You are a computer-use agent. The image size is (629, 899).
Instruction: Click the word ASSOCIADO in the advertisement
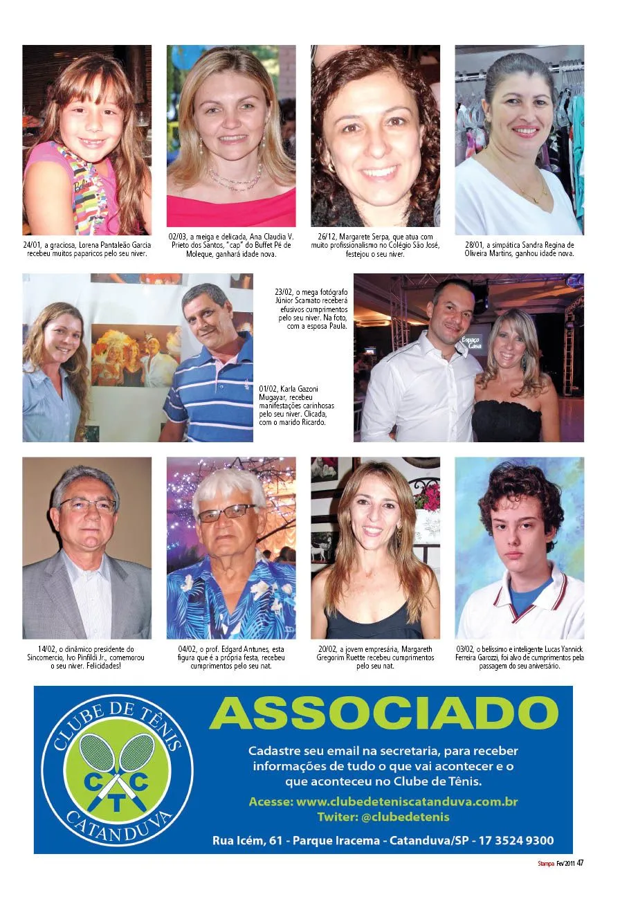383,712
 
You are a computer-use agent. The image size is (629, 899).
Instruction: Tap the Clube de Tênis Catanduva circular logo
117,770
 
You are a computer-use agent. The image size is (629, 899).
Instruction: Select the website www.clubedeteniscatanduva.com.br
407,802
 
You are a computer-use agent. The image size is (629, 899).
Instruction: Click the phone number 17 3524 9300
514,841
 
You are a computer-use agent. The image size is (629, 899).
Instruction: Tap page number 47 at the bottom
581,863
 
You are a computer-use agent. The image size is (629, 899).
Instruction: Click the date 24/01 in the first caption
32,245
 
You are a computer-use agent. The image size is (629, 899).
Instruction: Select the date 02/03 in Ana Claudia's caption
178,237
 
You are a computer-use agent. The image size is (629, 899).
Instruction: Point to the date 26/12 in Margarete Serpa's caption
327,237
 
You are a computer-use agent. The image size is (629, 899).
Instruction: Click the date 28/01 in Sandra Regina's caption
475,245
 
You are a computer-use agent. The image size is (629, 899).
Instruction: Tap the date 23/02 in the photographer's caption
284,292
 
